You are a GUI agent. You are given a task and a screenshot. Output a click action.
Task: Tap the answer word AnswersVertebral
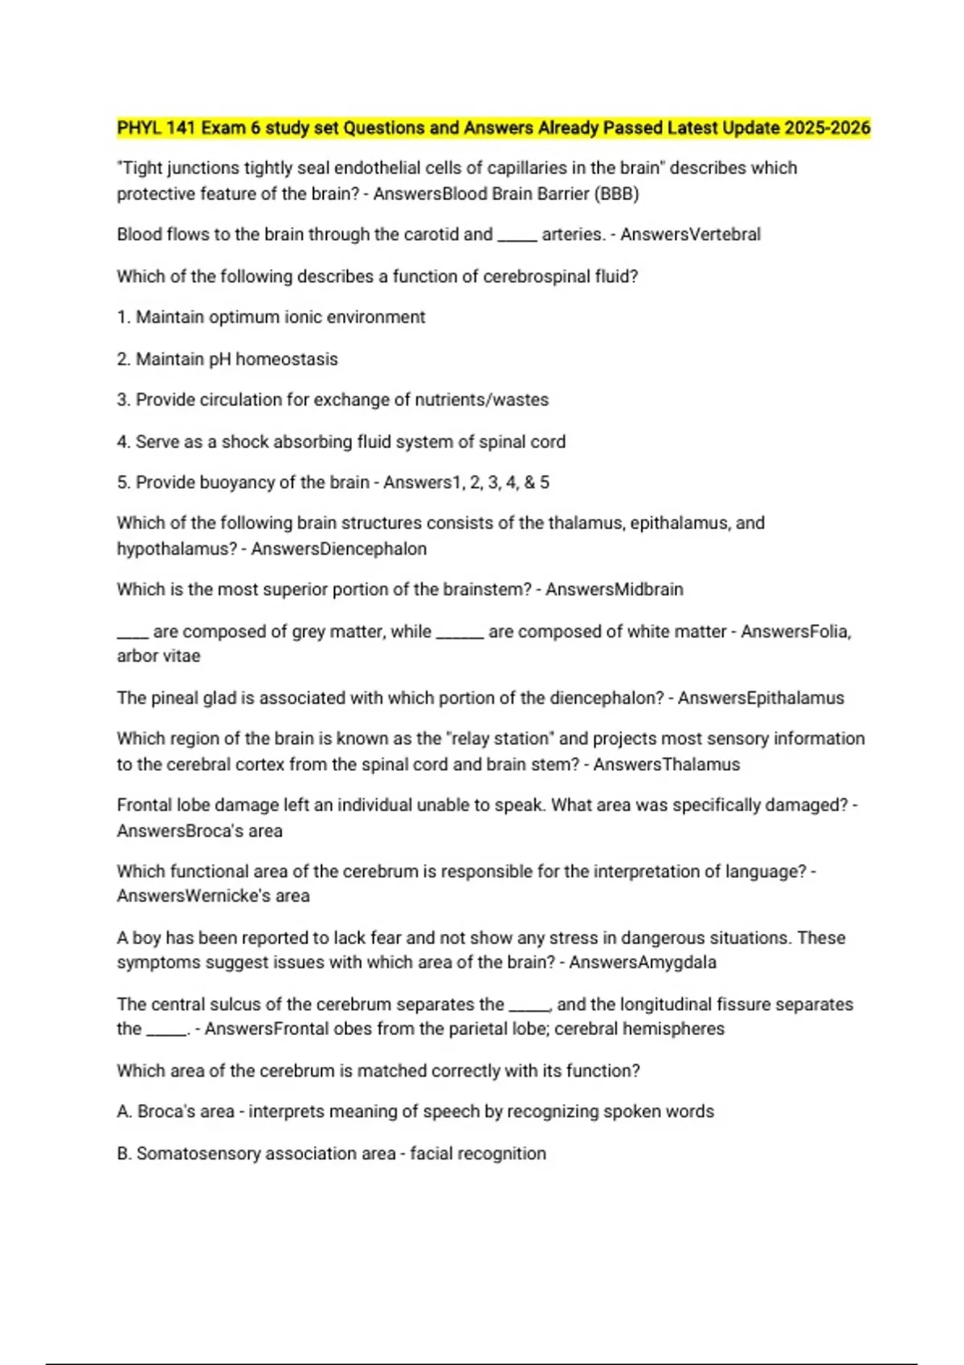(x=690, y=234)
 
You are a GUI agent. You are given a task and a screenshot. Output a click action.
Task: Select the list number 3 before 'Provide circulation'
(x=123, y=400)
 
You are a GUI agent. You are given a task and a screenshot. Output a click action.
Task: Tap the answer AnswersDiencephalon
(x=338, y=549)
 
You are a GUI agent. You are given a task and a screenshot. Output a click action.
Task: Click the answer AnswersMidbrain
(x=615, y=589)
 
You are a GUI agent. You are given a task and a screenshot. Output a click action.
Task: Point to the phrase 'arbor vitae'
(x=158, y=656)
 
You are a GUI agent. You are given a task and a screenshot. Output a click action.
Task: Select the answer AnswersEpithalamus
(x=761, y=698)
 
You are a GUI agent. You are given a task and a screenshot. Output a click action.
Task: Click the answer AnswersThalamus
(x=667, y=764)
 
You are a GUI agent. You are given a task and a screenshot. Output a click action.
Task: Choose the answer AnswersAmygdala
(x=643, y=962)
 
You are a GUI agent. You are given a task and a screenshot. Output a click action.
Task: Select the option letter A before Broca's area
(x=124, y=1111)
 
